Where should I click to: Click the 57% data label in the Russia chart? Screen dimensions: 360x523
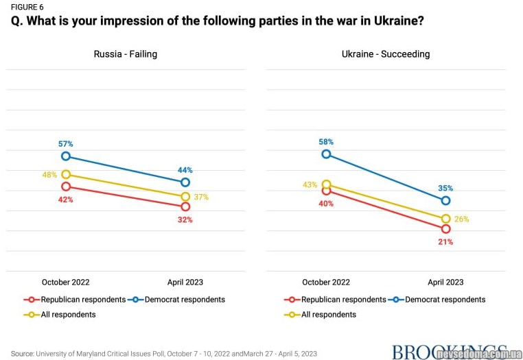tap(66, 144)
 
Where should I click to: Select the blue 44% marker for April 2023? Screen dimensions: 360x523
tap(185, 182)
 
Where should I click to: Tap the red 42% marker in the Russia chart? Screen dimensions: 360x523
tap(66, 186)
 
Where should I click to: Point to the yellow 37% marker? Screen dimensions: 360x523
tap(185, 197)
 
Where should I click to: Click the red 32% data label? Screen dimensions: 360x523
tap(185, 220)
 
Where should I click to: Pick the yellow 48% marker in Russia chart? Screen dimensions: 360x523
tap(66, 174)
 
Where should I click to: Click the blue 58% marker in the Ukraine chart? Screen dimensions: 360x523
tap(327, 154)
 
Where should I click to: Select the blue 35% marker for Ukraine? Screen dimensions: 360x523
tap(445, 200)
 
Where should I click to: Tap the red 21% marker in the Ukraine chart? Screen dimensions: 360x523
tap(445, 228)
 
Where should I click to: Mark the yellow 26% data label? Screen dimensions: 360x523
tap(461, 219)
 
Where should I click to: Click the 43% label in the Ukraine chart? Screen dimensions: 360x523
tap(310, 184)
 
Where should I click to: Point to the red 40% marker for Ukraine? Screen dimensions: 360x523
tap(327, 191)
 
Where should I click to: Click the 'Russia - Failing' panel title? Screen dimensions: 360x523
tap(126, 54)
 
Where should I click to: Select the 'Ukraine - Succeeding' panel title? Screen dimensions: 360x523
tap(386, 54)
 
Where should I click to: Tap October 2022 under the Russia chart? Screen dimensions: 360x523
tap(66, 282)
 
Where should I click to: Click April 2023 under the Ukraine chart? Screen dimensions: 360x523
tap(445, 282)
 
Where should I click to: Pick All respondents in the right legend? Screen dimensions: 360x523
tap(328, 315)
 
